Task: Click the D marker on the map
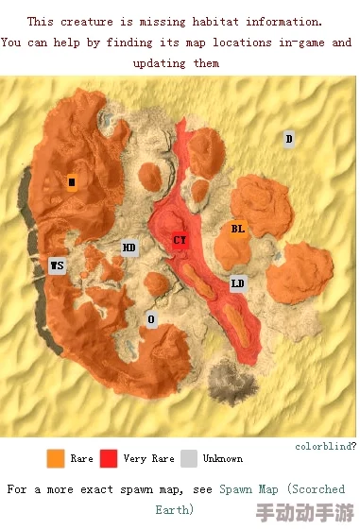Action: tap(289, 139)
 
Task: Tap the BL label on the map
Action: tap(238, 229)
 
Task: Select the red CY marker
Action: tap(180, 240)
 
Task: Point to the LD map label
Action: tap(238, 283)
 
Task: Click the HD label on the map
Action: tap(129, 248)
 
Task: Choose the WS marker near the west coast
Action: tap(58, 265)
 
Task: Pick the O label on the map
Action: tap(151, 319)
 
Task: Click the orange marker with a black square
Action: tap(72, 182)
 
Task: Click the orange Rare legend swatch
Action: tap(56, 458)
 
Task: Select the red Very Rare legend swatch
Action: tap(109, 458)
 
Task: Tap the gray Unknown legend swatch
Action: tap(189, 458)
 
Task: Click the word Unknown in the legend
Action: tap(223, 459)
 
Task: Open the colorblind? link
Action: tap(325, 445)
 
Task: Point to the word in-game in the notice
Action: tap(295, 43)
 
